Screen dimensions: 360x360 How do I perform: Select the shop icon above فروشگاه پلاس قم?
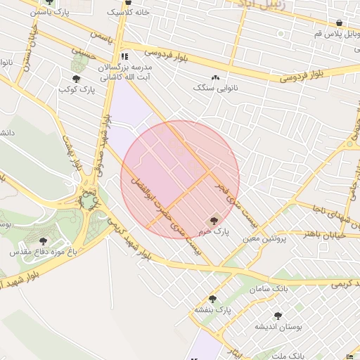pyautogui.click(x=340, y=22)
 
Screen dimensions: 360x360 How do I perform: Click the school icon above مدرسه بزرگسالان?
pyautogui.click(x=124, y=56)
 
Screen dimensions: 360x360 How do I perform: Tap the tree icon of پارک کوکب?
pyautogui.click(x=76, y=79)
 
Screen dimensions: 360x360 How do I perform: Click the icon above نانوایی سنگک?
pyautogui.click(x=214, y=78)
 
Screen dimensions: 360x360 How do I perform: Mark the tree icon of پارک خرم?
pyautogui.click(x=215, y=221)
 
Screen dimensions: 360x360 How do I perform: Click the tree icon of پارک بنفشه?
pyautogui.click(x=212, y=299)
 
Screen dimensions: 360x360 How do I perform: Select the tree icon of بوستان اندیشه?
pyautogui.click(x=278, y=316)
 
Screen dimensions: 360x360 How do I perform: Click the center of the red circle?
pyautogui.click(x=180, y=180)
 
